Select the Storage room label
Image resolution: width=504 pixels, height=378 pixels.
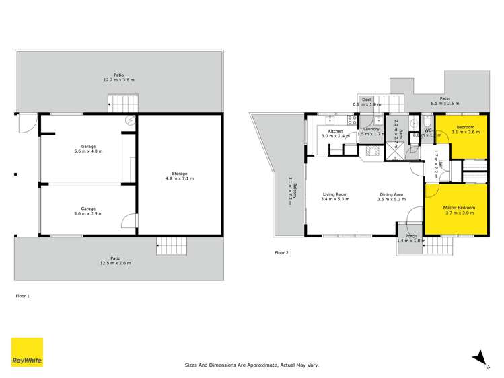click(179, 176)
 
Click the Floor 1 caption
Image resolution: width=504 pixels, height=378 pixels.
click(23, 295)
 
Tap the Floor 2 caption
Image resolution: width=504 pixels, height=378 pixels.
click(281, 252)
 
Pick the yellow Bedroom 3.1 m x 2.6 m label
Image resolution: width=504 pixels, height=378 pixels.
click(466, 129)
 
